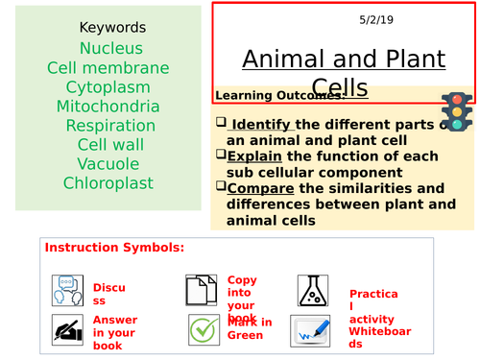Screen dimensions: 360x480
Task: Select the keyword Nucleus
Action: pyautogui.click(x=111, y=48)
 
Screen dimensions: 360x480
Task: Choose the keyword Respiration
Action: pyautogui.click(x=110, y=126)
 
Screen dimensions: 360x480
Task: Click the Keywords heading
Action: pyautogui.click(x=112, y=28)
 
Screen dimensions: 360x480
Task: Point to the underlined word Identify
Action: pyautogui.click(x=263, y=124)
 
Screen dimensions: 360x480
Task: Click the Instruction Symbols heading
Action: pyautogui.click(x=114, y=249)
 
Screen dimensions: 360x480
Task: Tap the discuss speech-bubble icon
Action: pyautogui.click(x=67, y=288)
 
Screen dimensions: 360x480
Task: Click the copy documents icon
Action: pyautogui.click(x=201, y=288)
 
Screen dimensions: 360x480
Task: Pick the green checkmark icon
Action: pyautogui.click(x=203, y=329)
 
